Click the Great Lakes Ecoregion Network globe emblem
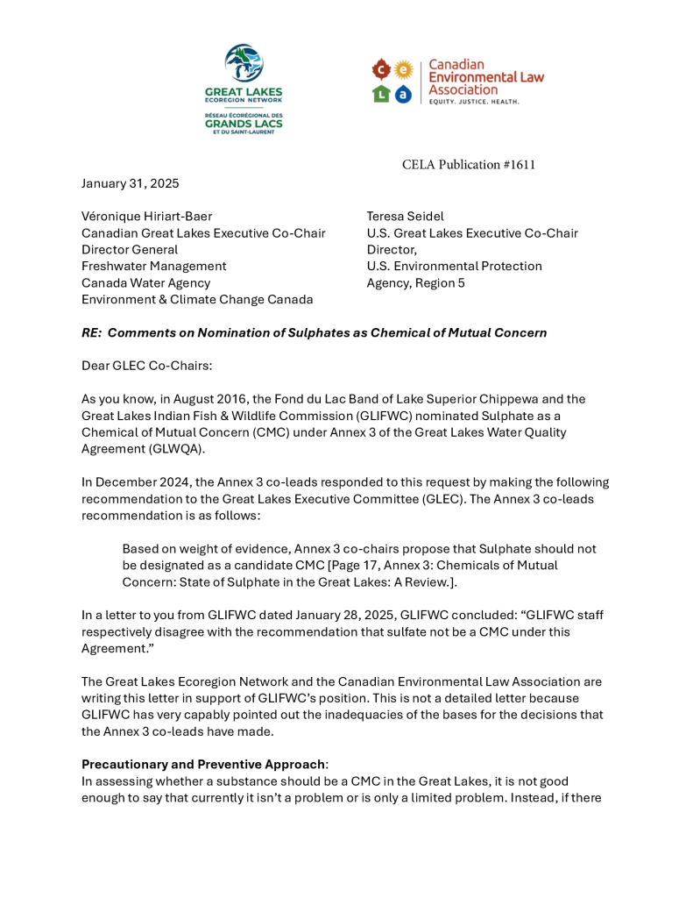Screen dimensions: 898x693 tap(244, 64)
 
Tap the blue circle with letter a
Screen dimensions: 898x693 tap(403, 94)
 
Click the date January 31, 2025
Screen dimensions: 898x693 tap(130, 183)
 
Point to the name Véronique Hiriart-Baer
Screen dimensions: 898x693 tap(146, 217)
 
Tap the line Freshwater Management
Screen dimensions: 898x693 tap(153, 267)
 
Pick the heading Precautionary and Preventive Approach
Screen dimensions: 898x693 tap(202, 764)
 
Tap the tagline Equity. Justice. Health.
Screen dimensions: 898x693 tap(474, 102)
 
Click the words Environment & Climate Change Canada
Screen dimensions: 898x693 tap(197, 300)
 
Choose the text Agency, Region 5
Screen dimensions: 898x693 tap(415, 283)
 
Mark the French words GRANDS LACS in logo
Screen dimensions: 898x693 tap(244, 125)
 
